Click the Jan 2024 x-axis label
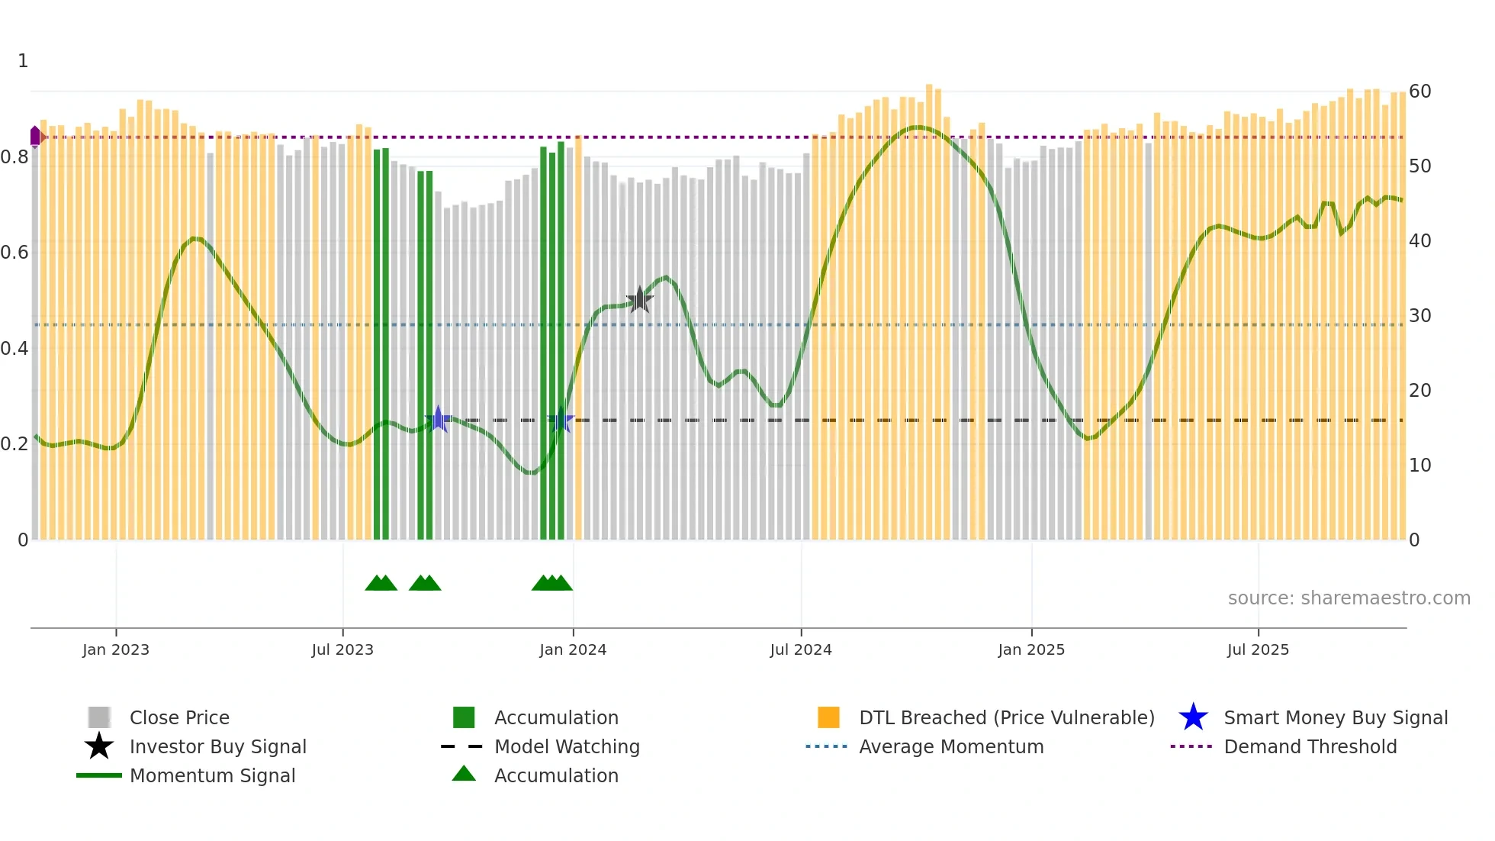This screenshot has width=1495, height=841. (x=573, y=649)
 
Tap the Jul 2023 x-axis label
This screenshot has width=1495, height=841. (x=342, y=649)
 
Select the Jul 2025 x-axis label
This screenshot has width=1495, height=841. (x=1258, y=649)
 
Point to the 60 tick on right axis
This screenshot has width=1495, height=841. (x=1419, y=92)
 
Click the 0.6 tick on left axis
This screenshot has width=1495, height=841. (x=14, y=253)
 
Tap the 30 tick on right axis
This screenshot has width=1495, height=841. (x=1419, y=316)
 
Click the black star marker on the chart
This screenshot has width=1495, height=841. (x=639, y=300)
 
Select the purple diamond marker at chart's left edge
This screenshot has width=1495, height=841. (x=35, y=137)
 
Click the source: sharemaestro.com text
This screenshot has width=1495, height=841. (x=1349, y=598)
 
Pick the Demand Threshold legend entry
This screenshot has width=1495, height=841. (x=1310, y=746)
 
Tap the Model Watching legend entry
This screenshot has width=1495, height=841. (x=566, y=746)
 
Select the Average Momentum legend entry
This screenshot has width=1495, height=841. (x=950, y=746)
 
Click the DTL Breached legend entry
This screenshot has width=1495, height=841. (x=1006, y=717)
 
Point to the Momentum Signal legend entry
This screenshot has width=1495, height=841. (x=212, y=775)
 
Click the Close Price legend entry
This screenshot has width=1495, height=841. (x=179, y=717)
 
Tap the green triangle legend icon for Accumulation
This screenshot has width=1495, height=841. (x=464, y=774)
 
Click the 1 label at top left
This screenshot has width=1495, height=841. (x=23, y=61)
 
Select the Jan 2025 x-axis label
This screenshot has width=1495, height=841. (x=1030, y=649)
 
